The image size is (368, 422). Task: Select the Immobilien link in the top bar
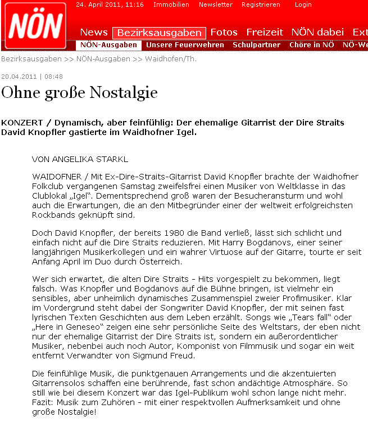pos(171,5)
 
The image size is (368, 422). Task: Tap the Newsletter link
pos(215,5)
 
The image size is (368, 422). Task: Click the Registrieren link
pos(261,5)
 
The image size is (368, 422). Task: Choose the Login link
pos(303,5)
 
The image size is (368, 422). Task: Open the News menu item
pos(93,32)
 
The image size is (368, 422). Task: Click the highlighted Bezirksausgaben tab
pos(159,33)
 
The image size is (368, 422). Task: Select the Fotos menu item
pos(224,32)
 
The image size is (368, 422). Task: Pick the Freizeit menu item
pos(265,32)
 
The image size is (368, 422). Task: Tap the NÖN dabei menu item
pos(317,32)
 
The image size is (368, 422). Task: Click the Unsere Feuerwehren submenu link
pos(185,45)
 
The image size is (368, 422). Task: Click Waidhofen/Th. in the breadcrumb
pos(171,59)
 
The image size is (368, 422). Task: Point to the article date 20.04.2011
pos(19,77)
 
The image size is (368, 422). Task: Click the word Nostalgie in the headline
pos(124,92)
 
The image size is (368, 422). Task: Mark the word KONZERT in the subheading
pos(20,122)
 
